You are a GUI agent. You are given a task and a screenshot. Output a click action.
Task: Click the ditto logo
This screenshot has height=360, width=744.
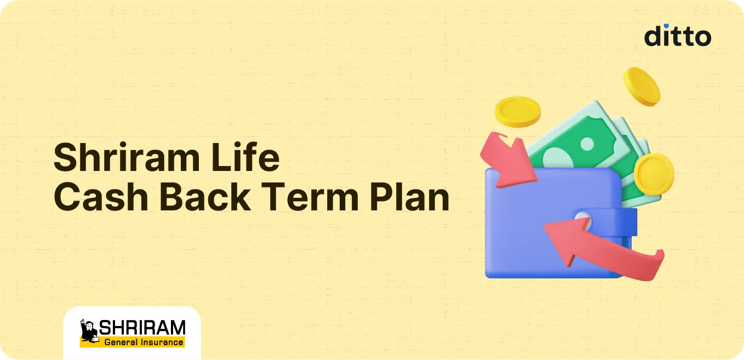(x=678, y=36)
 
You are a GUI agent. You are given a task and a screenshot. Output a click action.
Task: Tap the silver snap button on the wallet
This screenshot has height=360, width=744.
(x=582, y=221)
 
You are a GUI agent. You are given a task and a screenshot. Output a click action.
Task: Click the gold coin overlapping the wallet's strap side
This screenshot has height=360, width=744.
(x=654, y=174)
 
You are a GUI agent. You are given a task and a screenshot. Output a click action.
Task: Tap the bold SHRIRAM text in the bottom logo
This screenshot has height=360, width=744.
(x=142, y=328)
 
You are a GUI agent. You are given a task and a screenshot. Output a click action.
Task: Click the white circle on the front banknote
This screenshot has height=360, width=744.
(x=587, y=144)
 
